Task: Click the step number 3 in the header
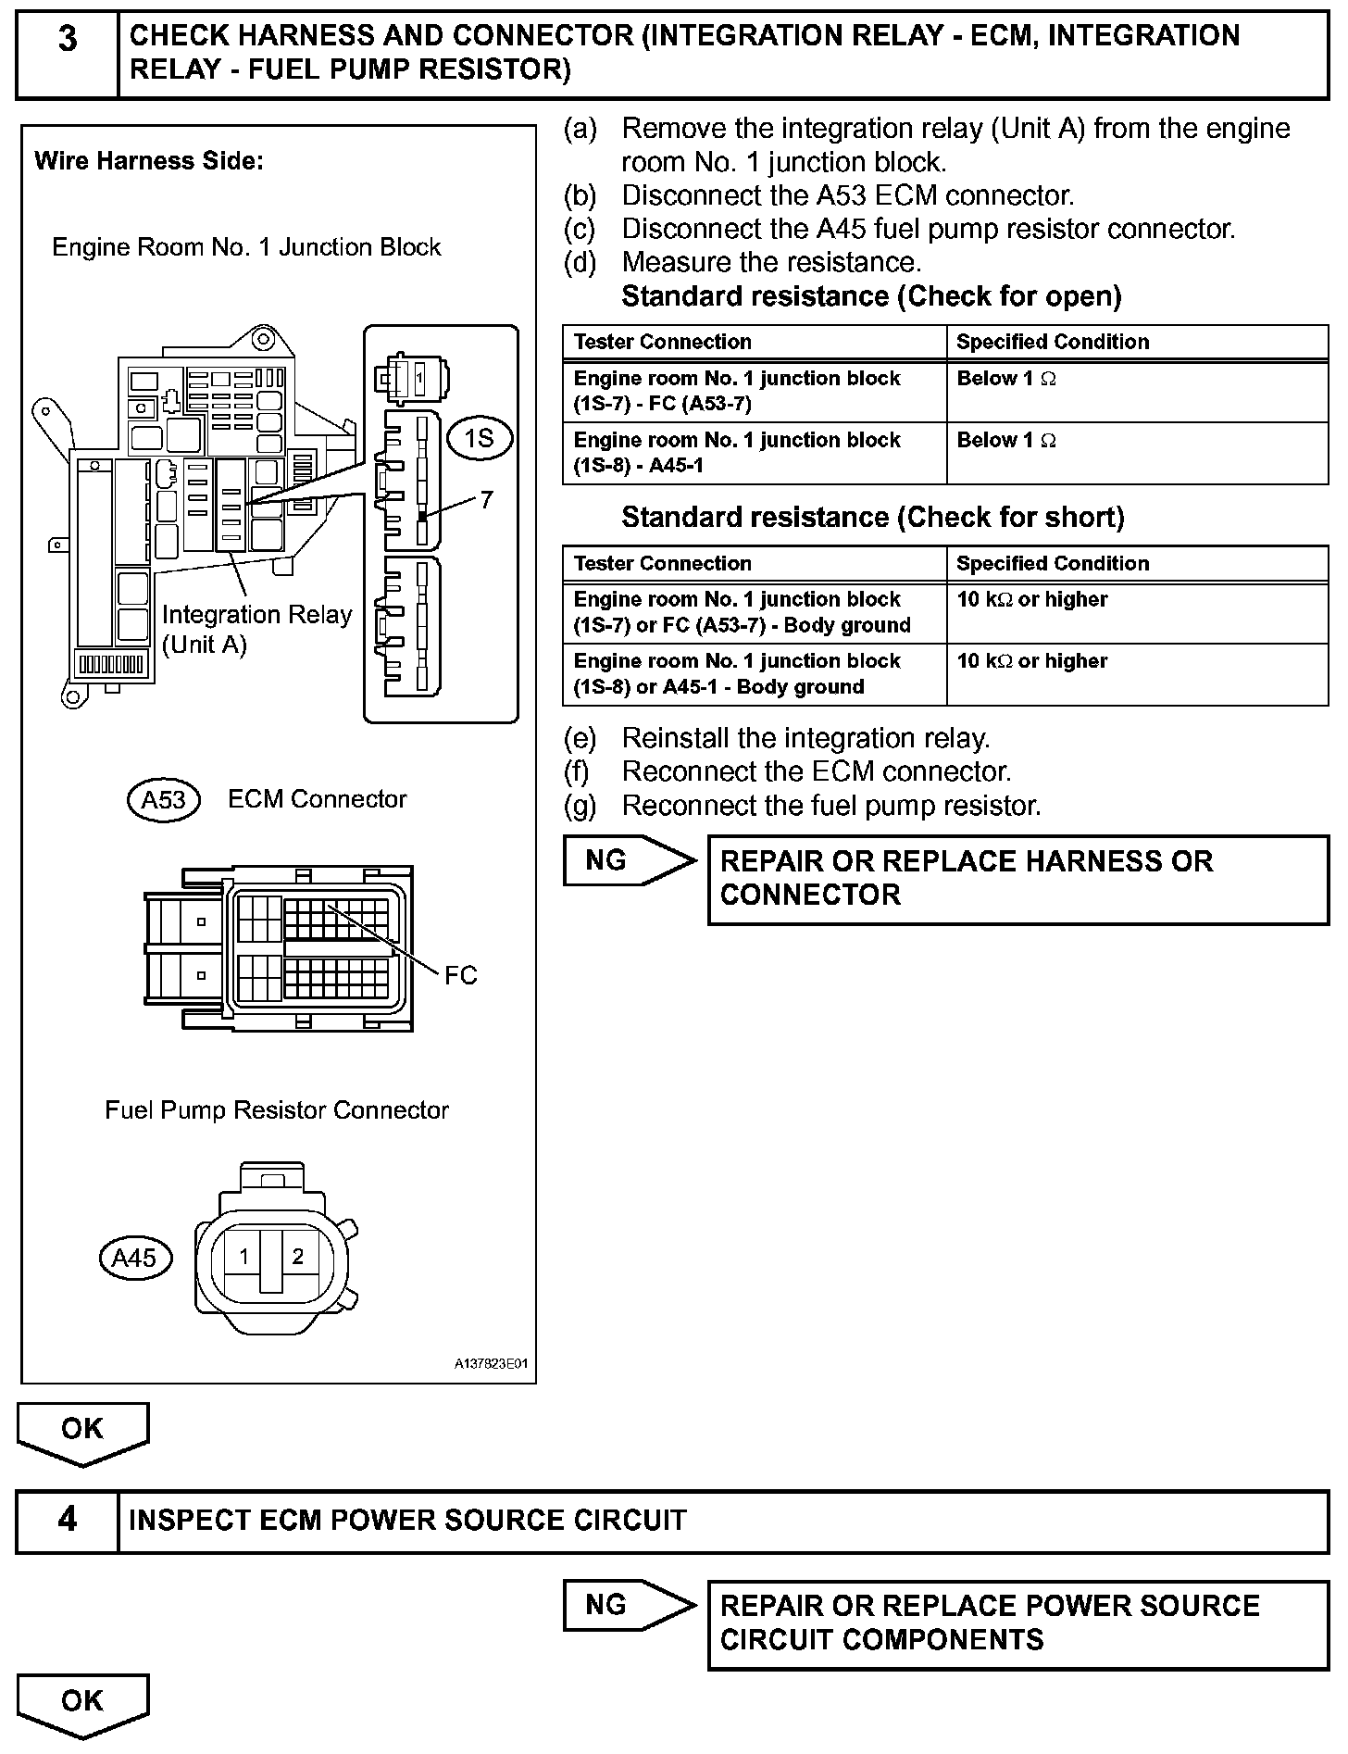tap(68, 40)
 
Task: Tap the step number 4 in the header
tap(68, 1520)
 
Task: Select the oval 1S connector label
tap(479, 437)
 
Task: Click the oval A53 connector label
tap(163, 799)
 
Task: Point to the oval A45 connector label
tap(134, 1258)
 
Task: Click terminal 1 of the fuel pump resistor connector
tap(243, 1257)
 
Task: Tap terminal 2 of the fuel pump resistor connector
tap(297, 1257)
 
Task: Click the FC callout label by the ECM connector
tap(460, 975)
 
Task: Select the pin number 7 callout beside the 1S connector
tap(487, 500)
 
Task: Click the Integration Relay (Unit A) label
tap(256, 630)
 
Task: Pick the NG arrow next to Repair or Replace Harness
tap(628, 861)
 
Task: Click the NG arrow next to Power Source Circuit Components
tap(628, 1606)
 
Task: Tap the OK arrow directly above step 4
tap(82, 1432)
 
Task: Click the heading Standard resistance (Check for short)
tap(872, 517)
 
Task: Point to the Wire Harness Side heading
tap(149, 161)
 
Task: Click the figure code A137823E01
tap(490, 1364)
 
